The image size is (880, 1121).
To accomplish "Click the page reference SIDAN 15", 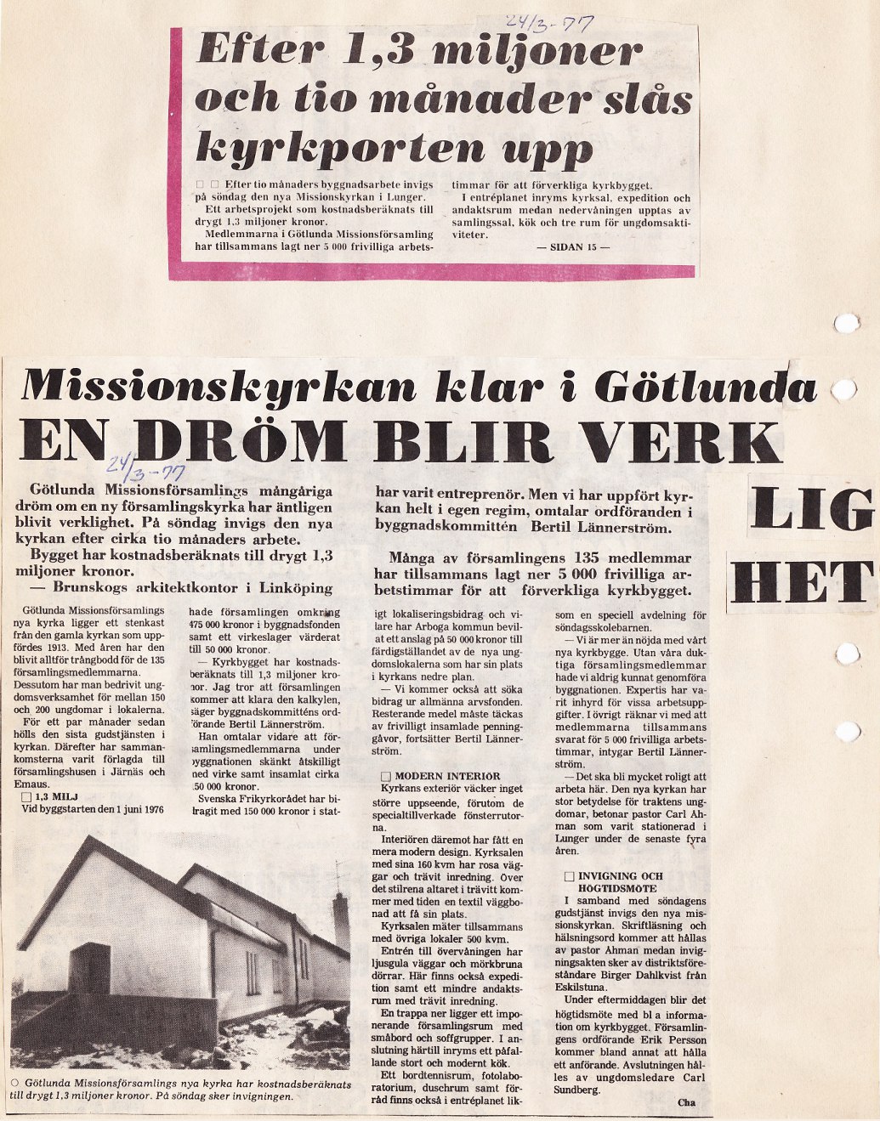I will point(573,247).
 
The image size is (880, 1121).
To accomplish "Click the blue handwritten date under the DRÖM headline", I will point(148,467).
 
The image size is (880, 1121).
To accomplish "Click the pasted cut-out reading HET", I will point(802,584).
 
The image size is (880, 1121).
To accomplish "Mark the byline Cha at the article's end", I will point(687,1103).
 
